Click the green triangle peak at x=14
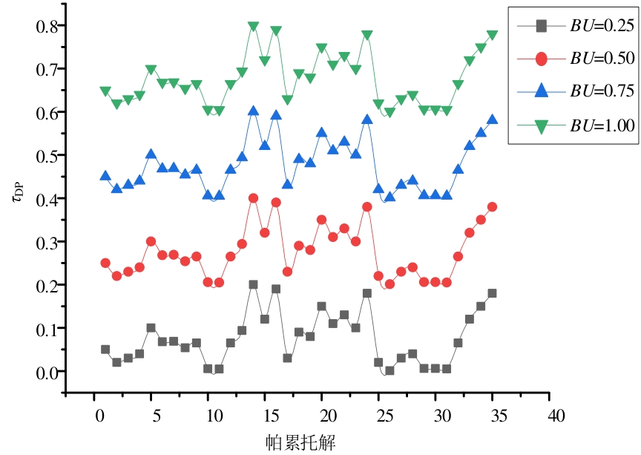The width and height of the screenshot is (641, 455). click(254, 27)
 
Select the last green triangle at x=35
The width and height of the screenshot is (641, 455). click(492, 35)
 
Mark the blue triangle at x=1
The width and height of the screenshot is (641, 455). click(105, 176)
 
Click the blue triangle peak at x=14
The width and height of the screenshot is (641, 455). click(254, 111)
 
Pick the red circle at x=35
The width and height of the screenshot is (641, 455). click(492, 206)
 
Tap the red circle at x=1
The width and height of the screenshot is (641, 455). click(105, 263)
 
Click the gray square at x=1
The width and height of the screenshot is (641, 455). click(105, 349)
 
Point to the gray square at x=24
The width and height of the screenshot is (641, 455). click(367, 293)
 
